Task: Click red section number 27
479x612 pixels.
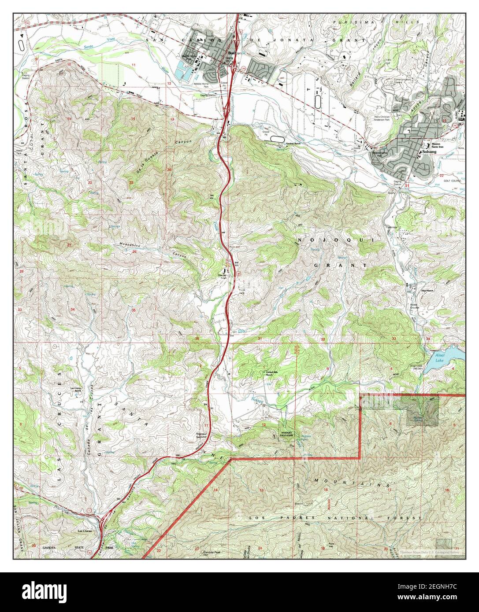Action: [x=69, y=244]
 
